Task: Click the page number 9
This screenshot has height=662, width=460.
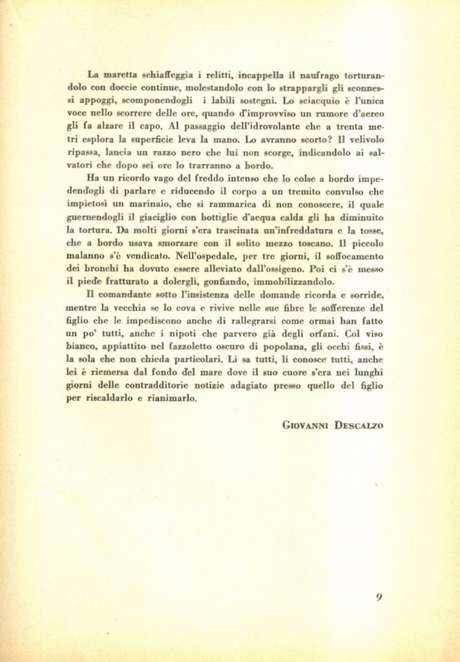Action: coord(379,597)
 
